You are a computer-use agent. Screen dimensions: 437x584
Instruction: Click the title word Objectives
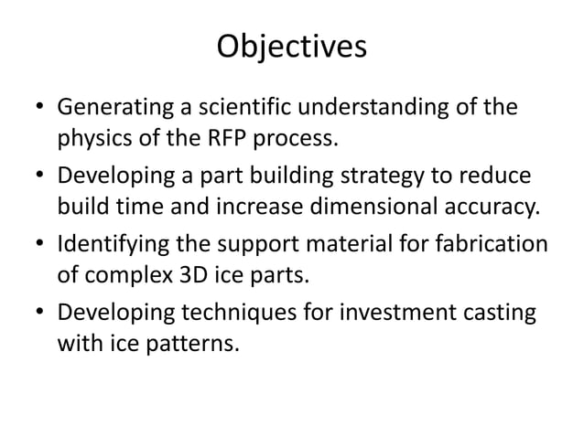(x=291, y=47)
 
